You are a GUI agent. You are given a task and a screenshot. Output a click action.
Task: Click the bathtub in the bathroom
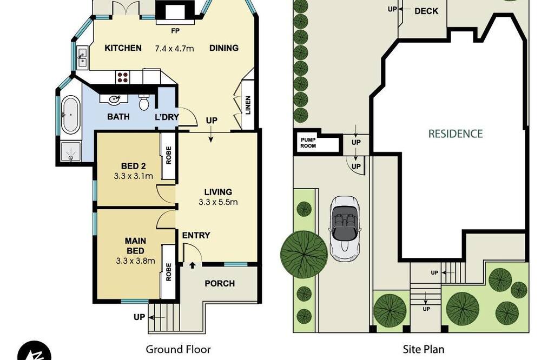pos(70,115)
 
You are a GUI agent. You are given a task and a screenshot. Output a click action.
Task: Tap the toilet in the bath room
pos(144,102)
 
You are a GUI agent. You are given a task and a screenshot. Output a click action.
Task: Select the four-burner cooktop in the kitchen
pos(122,77)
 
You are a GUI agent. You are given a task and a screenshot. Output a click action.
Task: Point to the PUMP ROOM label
pos(308,143)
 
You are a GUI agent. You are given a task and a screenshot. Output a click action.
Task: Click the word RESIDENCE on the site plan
pos(456,134)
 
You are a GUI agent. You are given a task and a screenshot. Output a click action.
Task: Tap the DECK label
pos(426,11)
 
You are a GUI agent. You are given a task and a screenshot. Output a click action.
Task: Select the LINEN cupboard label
pos(248,105)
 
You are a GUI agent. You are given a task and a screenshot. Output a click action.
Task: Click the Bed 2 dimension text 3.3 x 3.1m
pos(134,176)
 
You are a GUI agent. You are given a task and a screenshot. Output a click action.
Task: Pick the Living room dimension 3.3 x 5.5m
pos(218,202)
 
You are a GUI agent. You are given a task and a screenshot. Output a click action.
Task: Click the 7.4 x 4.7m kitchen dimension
pos(174,49)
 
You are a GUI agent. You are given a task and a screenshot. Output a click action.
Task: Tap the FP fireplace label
pos(175,31)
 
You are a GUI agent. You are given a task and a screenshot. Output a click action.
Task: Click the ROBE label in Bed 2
pos(168,156)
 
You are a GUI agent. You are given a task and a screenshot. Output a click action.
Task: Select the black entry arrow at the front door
pos(193,265)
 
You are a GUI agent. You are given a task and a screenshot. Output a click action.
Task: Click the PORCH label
pos(220,283)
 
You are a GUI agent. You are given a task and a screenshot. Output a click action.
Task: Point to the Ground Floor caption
pos(179,349)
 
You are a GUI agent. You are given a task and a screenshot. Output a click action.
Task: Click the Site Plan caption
pos(424,349)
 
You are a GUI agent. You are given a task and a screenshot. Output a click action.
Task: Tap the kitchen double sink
pos(82,57)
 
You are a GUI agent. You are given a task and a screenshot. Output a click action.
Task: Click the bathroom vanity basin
pos(113,99)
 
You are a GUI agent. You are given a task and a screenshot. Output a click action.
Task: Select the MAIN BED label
pos(135,245)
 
